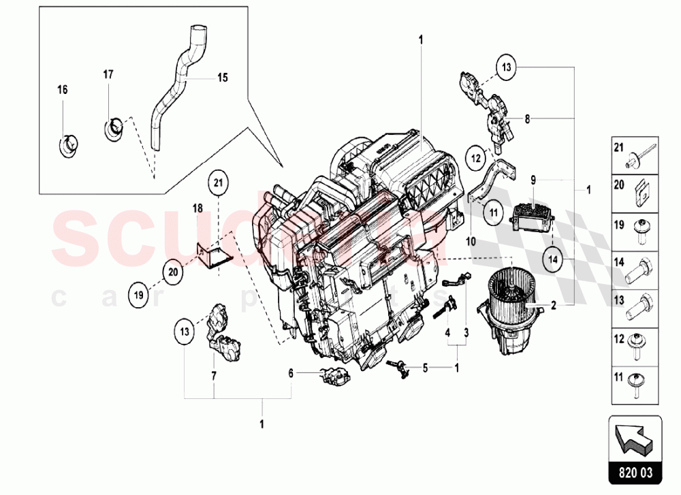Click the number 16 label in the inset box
pyautogui.click(x=62, y=89)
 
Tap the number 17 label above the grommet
pyautogui.click(x=108, y=74)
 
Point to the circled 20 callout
pyautogui.click(x=173, y=271)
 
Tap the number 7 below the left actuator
pyautogui.click(x=213, y=375)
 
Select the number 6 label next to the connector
pyautogui.click(x=291, y=372)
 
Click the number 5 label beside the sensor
pyautogui.click(x=425, y=368)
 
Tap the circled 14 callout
pyautogui.click(x=553, y=259)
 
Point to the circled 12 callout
pyautogui.click(x=475, y=157)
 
